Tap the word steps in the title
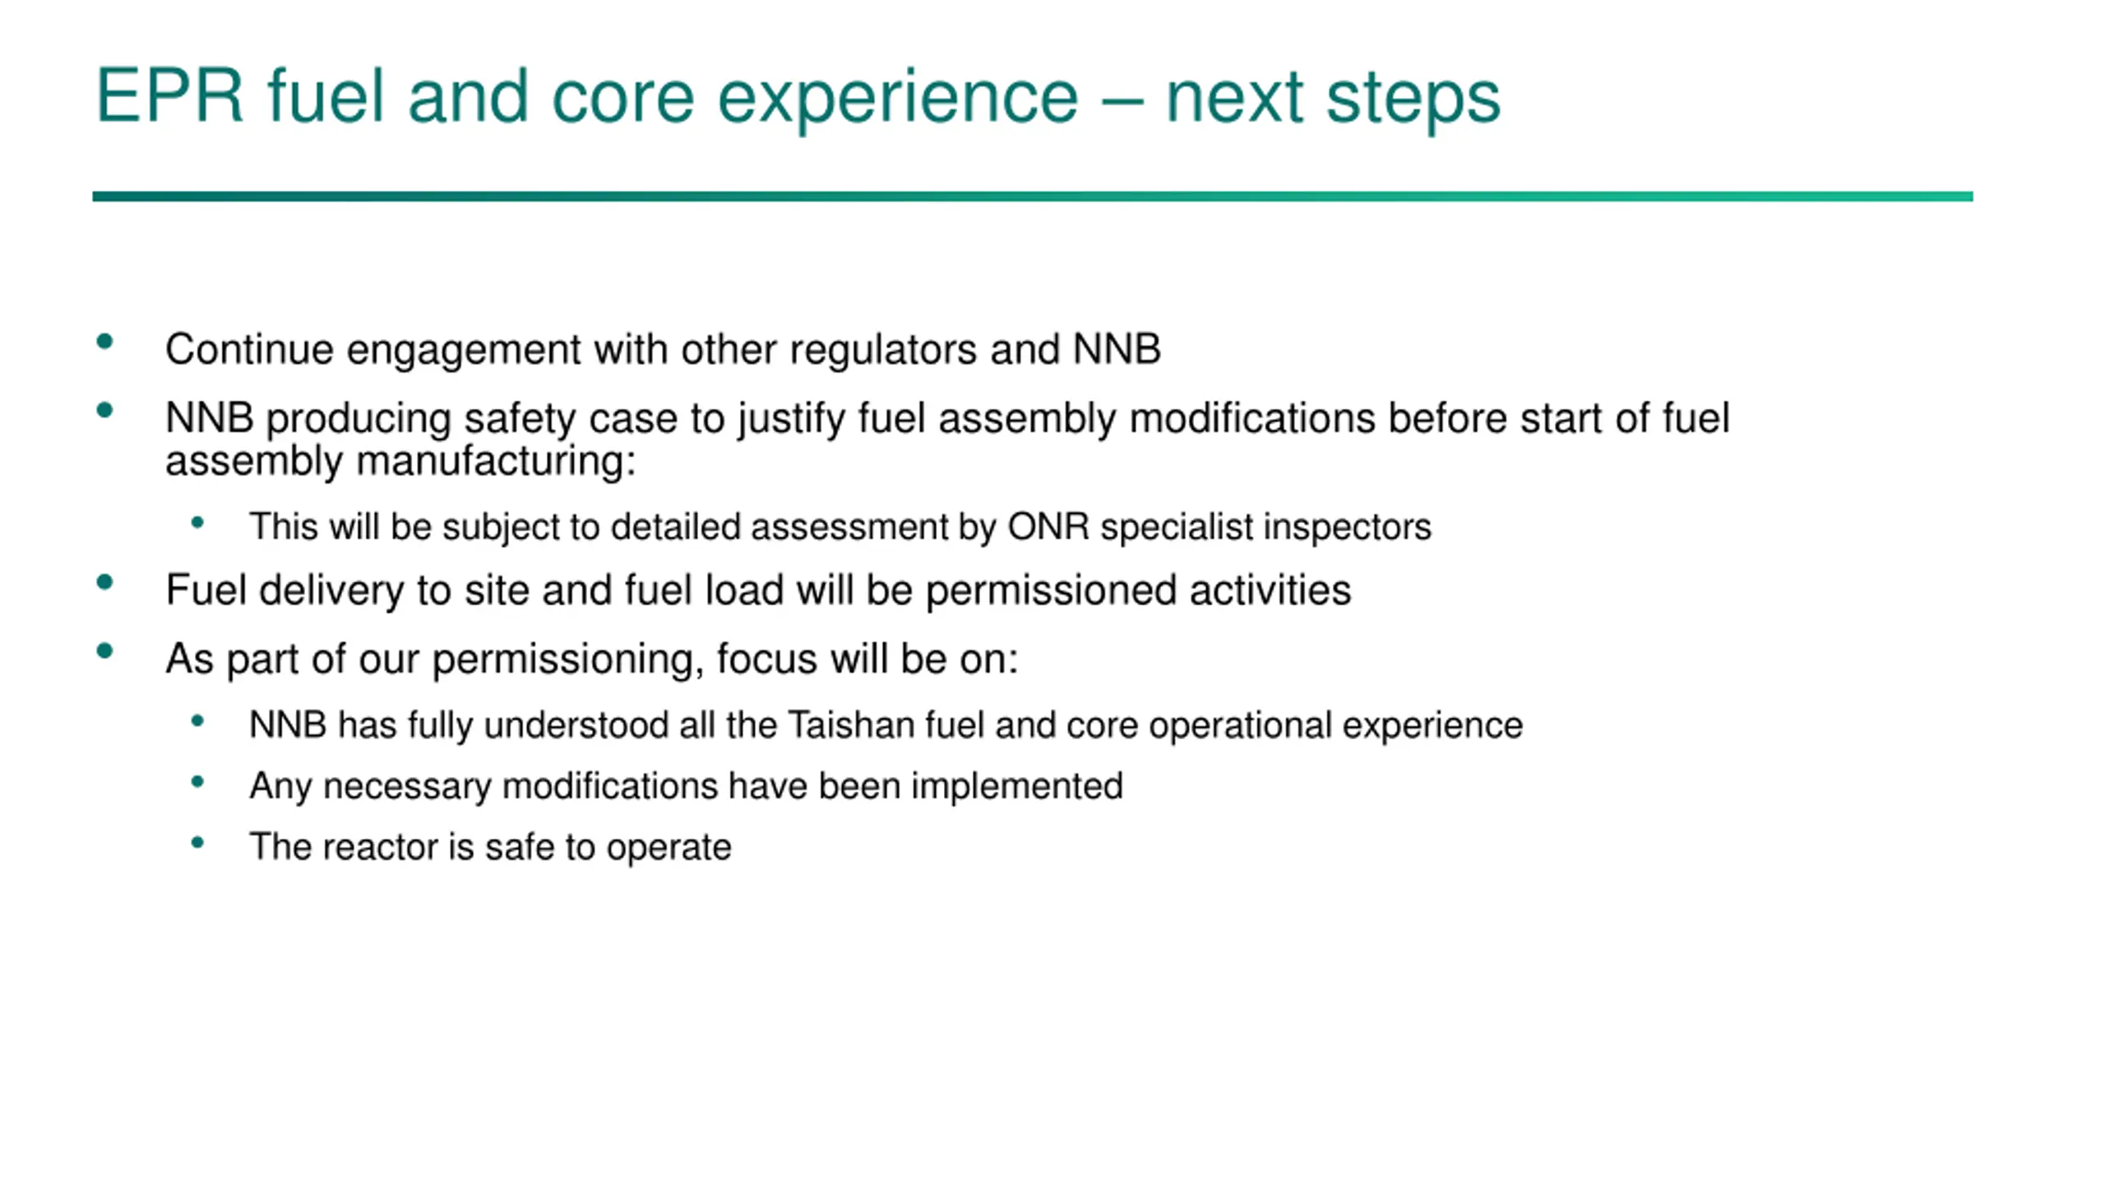click(1413, 100)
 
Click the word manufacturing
click(497, 461)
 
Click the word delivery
click(331, 591)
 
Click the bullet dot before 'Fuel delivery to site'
click(104, 583)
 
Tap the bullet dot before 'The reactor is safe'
click(197, 842)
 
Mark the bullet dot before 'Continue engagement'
click(104, 342)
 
